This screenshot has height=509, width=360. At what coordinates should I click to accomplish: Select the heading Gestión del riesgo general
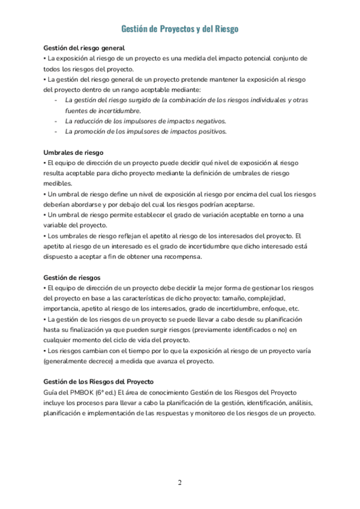[x=84, y=48]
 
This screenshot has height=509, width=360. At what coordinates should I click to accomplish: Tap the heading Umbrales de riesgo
[x=74, y=152]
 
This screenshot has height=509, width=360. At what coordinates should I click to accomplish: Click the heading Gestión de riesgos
[x=72, y=277]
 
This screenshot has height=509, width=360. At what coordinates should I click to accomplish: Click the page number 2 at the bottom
[x=179, y=483]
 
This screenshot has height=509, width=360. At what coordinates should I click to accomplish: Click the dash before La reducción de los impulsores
[x=56, y=121]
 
